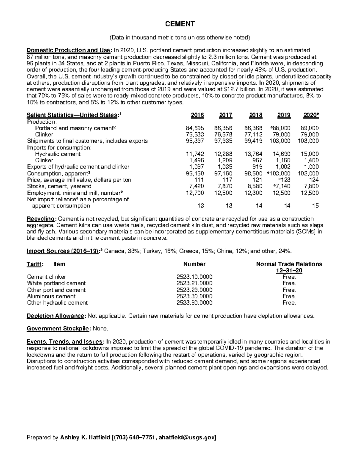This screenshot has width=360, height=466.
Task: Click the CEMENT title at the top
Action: tap(180, 24)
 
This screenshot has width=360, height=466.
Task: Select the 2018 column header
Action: tap(256, 115)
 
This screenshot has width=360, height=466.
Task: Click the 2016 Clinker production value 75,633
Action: tap(195, 134)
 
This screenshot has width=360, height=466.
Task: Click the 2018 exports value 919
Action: tap(258, 167)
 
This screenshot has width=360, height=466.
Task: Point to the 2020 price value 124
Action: tap(314, 180)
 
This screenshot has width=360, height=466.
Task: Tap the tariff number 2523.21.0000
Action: tap(194, 283)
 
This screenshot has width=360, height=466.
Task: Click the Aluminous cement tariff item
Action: tap(51, 296)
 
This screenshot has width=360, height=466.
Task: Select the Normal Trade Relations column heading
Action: tap(289, 264)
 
